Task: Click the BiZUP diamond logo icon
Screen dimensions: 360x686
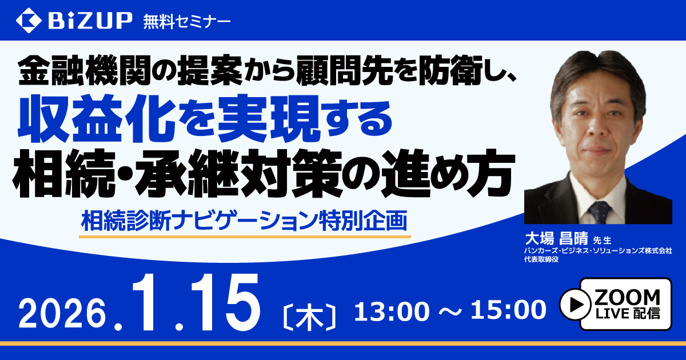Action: point(29,21)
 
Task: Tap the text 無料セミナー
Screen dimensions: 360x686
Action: point(186,22)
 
